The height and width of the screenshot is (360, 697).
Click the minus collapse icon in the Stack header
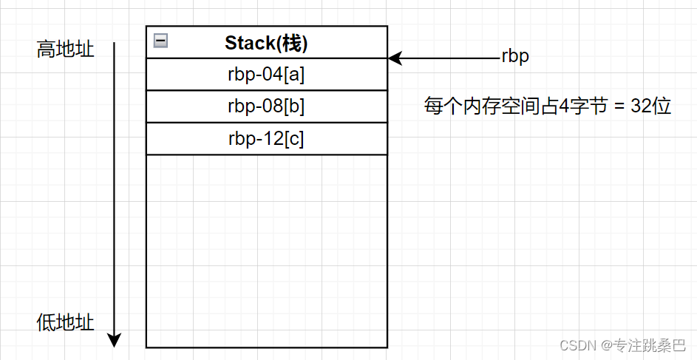pyautogui.click(x=160, y=41)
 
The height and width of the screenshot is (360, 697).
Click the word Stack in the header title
pyautogui.click(x=250, y=43)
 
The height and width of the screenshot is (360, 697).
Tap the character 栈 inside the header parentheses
pyautogui.click(x=293, y=43)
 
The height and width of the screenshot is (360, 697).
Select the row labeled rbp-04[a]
pyautogui.click(x=266, y=74)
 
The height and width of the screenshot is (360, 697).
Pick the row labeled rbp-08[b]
pyautogui.click(x=266, y=106)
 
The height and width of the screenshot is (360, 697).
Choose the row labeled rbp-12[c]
pyautogui.click(x=266, y=139)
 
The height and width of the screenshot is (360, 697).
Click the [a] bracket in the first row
pyautogui.click(x=295, y=74)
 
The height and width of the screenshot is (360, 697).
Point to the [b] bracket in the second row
pyautogui.click(x=295, y=106)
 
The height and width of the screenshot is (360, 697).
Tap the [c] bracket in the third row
pyautogui.click(x=294, y=139)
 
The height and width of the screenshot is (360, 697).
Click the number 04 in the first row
pyautogui.click(x=273, y=74)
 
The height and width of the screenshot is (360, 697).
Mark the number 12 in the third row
pyautogui.click(x=273, y=139)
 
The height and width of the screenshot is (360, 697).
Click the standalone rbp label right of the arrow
pyautogui.click(x=515, y=57)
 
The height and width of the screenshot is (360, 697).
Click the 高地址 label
pyautogui.click(x=66, y=50)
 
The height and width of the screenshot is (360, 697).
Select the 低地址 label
pyautogui.click(x=66, y=323)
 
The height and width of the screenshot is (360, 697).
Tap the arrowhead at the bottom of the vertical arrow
pyautogui.click(x=114, y=341)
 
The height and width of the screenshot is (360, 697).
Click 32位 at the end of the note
pyautogui.click(x=650, y=106)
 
